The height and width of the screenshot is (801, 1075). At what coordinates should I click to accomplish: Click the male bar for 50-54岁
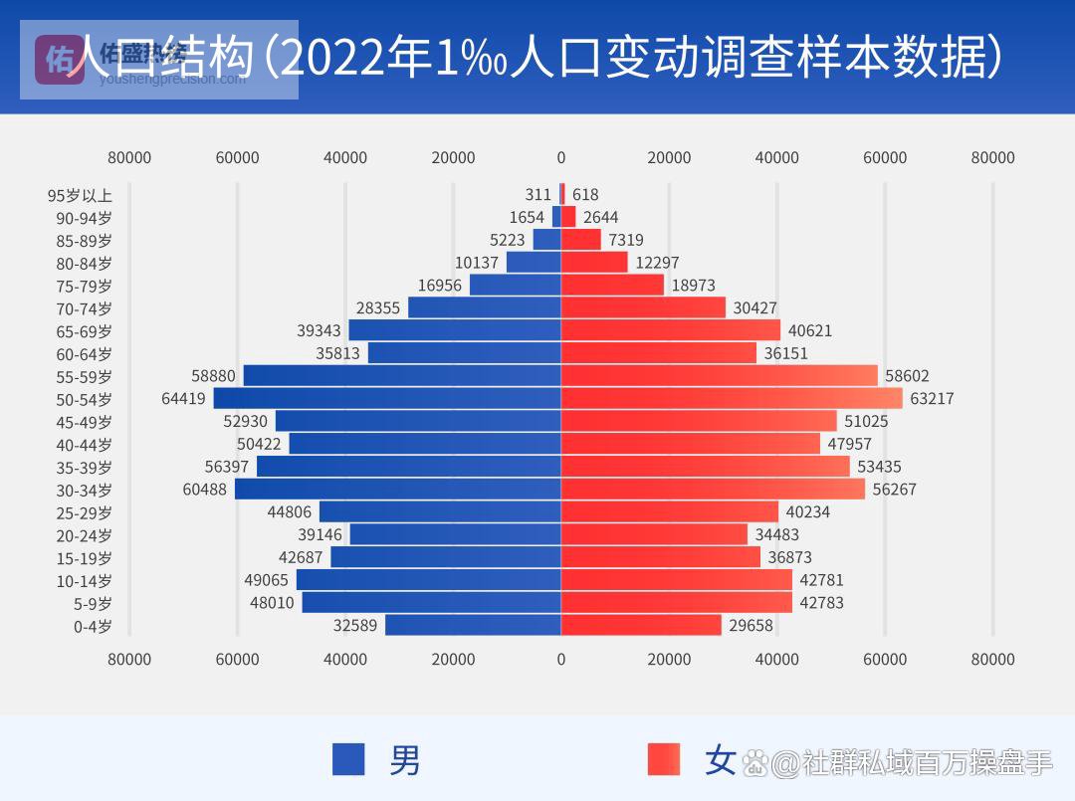(x=387, y=399)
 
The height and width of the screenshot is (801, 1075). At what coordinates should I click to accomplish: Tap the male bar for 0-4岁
(x=473, y=625)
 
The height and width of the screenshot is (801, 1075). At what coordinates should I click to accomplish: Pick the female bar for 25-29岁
(x=670, y=511)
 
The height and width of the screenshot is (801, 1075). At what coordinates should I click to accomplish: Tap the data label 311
(x=537, y=195)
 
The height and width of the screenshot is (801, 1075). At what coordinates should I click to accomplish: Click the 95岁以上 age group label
(x=80, y=195)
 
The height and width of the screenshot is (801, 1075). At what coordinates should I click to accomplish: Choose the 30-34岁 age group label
(x=85, y=490)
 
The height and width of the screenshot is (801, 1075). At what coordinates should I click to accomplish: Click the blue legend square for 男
(x=349, y=759)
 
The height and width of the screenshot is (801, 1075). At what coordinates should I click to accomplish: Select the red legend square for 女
(x=663, y=759)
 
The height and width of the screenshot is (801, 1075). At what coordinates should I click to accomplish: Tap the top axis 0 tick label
(x=561, y=157)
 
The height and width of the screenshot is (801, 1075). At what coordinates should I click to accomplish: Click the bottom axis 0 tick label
(x=561, y=659)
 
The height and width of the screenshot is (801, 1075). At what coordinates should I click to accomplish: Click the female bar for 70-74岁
(x=643, y=308)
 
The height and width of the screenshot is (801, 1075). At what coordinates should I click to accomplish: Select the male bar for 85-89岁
(x=546, y=240)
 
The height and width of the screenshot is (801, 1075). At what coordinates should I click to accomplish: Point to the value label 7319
(x=629, y=240)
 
